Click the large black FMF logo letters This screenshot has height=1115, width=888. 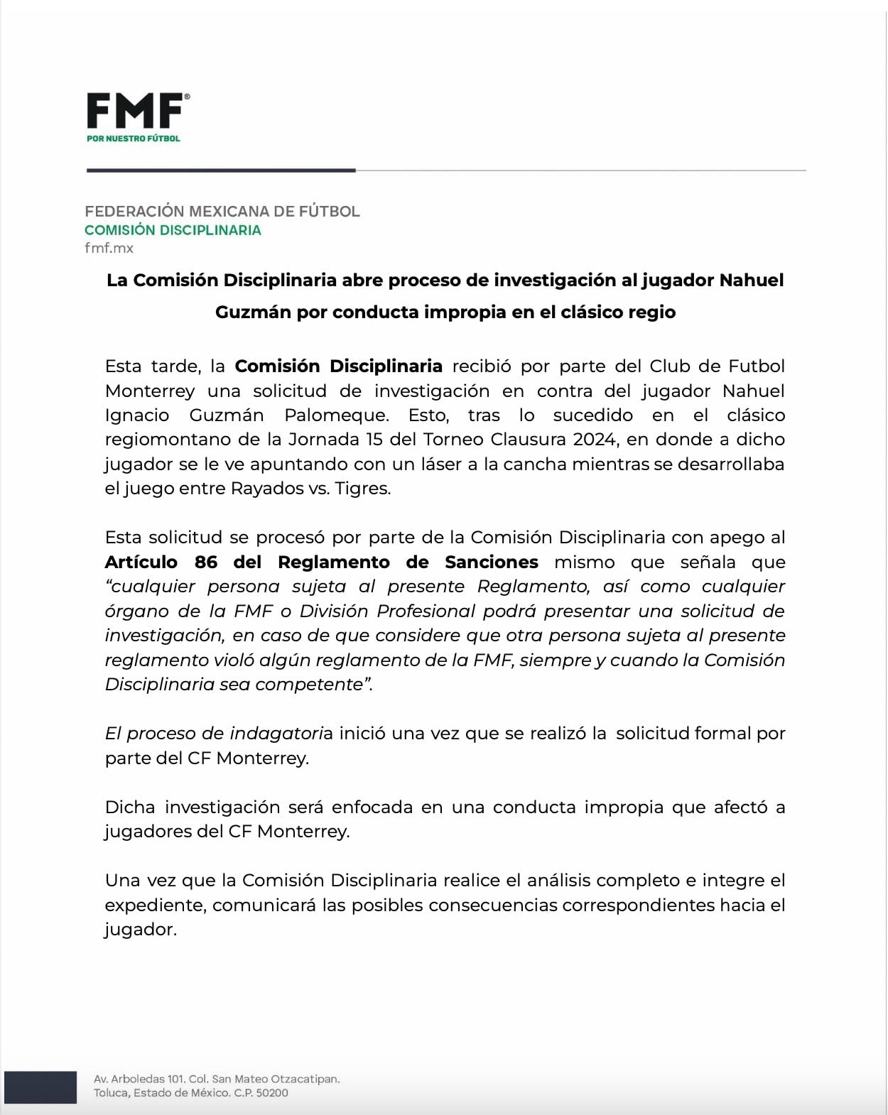135,111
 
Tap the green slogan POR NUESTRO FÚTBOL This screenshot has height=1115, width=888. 134,138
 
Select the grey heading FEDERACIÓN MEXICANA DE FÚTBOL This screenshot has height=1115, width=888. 222,211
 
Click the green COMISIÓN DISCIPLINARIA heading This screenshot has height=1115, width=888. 173,230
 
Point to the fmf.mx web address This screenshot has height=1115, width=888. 109,248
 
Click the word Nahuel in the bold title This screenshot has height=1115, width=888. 751,280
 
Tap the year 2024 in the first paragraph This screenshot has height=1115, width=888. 594,440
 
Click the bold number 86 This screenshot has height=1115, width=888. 206,562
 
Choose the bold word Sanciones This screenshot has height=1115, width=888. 492,562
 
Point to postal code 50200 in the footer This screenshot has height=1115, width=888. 272,1093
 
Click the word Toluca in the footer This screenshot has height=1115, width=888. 111,1093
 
